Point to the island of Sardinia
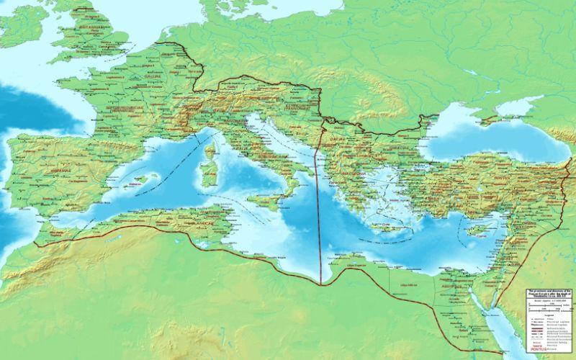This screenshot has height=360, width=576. click(x=210, y=177)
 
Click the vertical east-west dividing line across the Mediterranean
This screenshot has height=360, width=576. click(x=318, y=216)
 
